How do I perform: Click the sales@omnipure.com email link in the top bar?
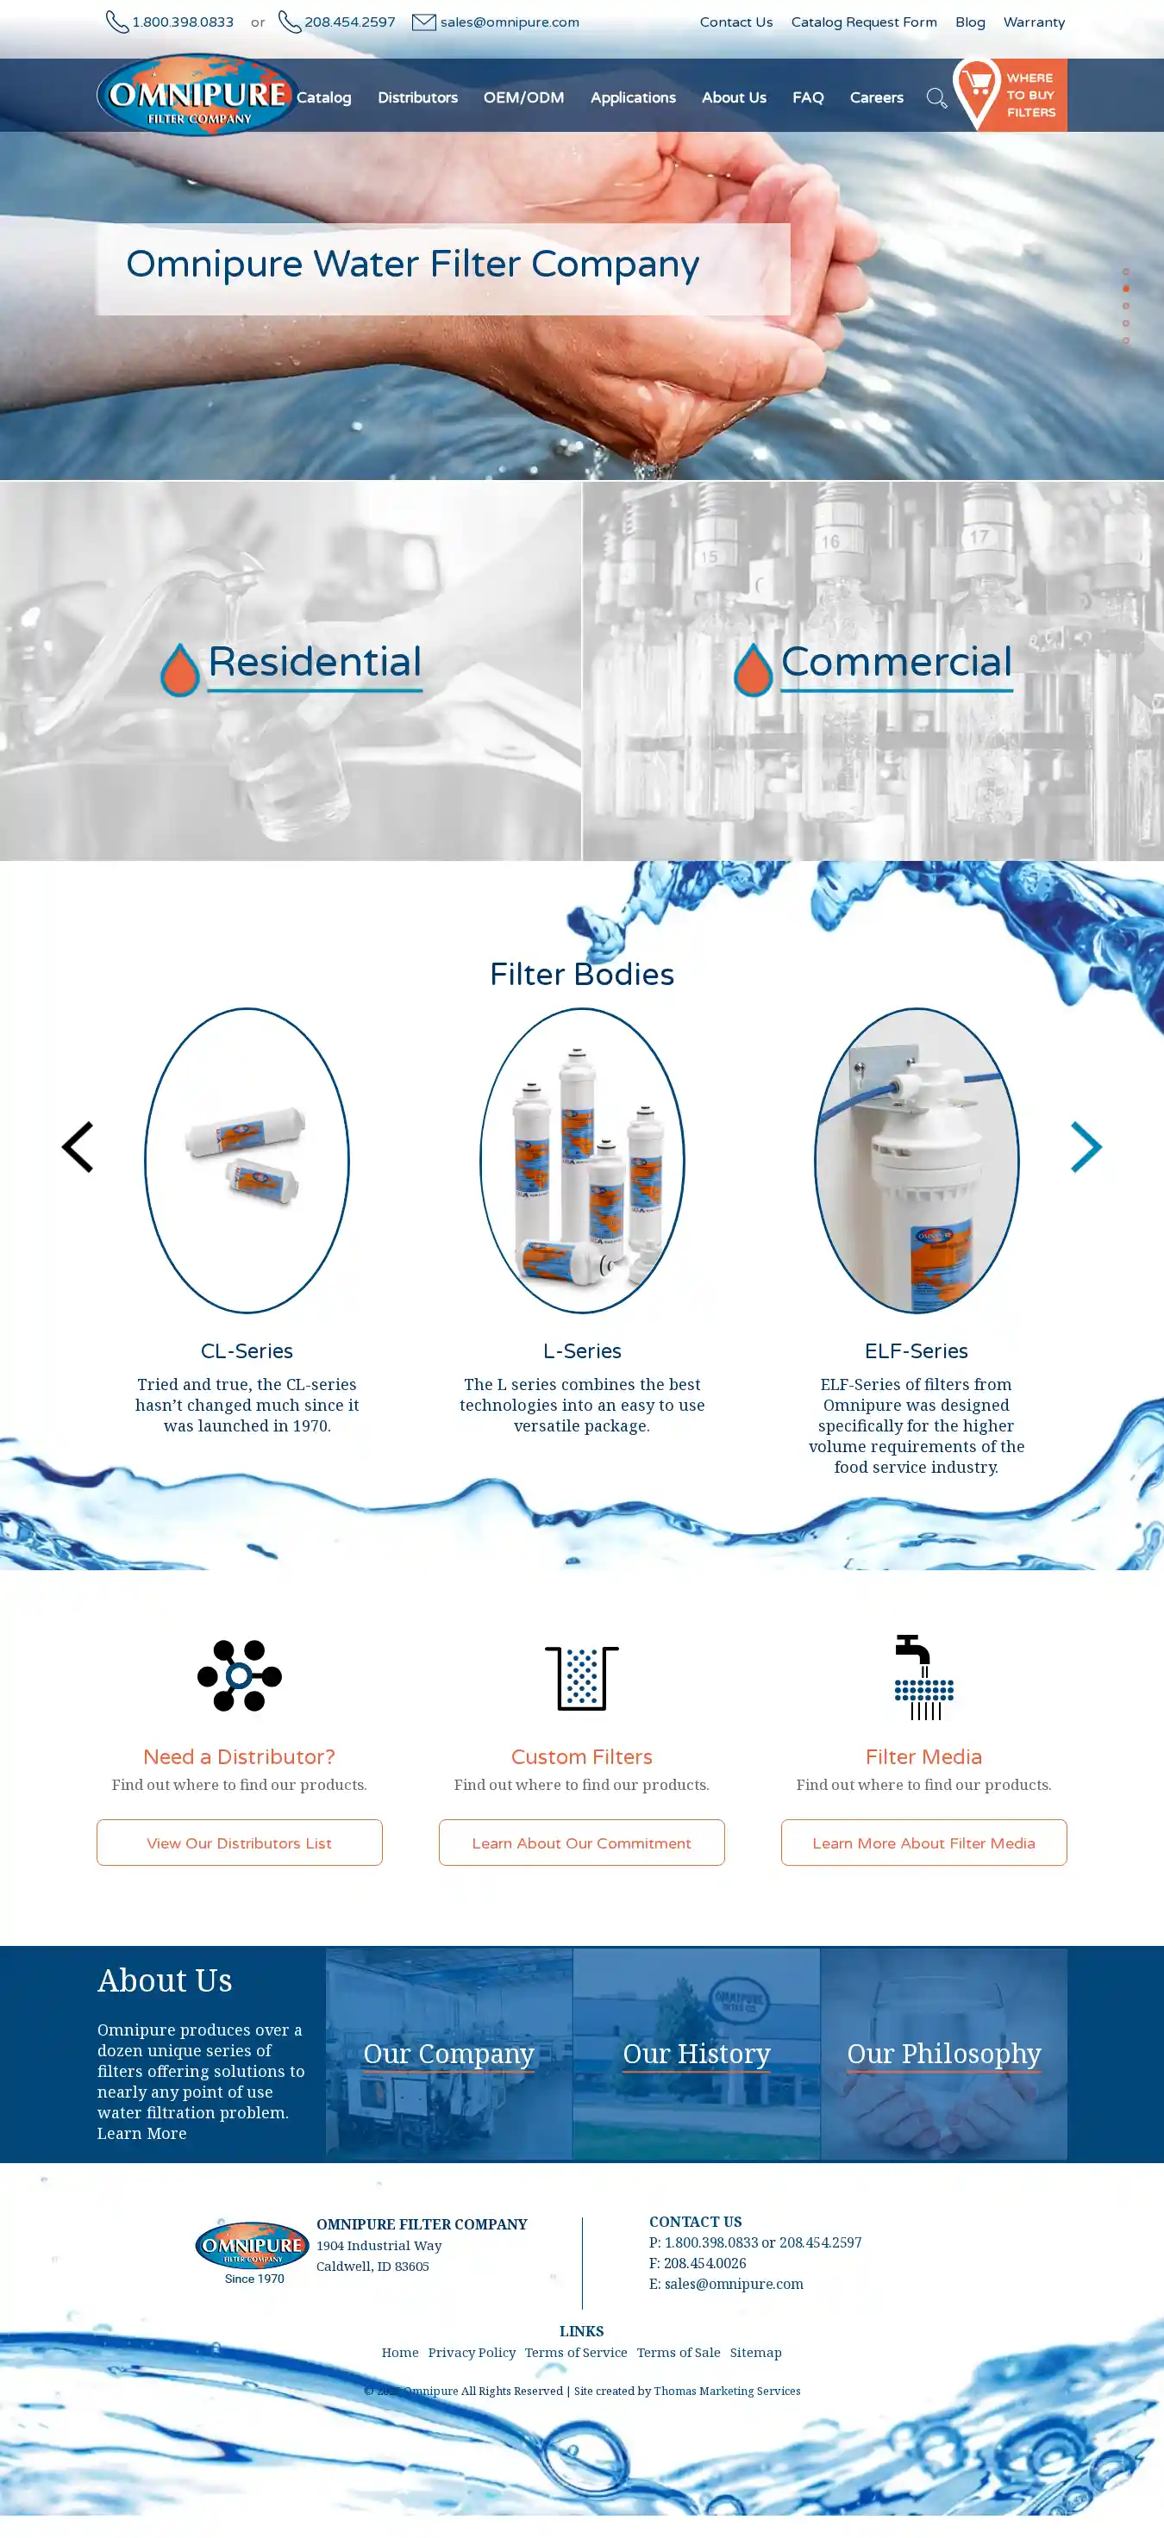[510, 22]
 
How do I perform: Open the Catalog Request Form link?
[863, 22]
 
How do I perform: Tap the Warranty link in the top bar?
[1034, 22]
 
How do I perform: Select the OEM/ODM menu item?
[523, 97]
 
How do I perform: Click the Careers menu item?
[876, 97]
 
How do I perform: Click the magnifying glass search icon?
[936, 97]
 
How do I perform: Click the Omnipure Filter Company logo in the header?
[197, 95]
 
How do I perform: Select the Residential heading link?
[315, 662]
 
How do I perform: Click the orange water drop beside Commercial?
[753, 670]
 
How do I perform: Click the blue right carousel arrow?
[1086, 1147]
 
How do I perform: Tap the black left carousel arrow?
[77, 1147]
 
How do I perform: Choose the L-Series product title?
[581, 1350]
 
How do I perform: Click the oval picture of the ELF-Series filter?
[917, 1161]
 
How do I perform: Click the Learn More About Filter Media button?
[923, 1843]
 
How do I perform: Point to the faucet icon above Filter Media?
[923, 1677]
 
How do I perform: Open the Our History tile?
[697, 2054]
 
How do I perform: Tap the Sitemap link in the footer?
[755, 2352]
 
